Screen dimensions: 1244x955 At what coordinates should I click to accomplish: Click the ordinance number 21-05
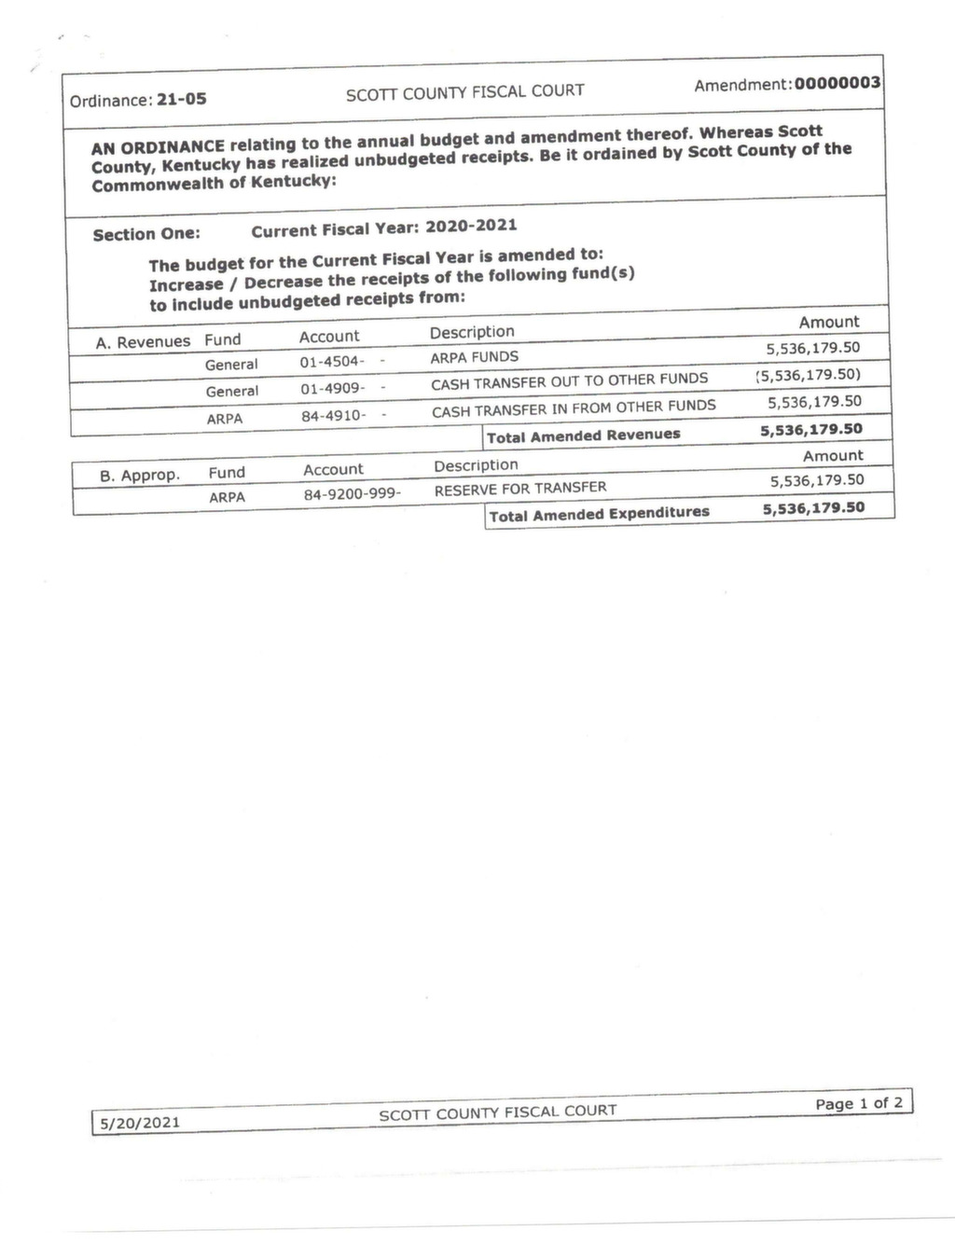[x=182, y=99]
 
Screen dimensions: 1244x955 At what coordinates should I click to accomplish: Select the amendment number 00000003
[x=837, y=83]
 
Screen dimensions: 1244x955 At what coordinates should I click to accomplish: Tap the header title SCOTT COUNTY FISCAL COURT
[x=464, y=91]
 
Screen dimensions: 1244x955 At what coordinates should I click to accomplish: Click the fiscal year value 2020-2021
[x=471, y=226]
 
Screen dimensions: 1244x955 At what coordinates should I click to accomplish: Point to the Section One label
[x=146, y=234]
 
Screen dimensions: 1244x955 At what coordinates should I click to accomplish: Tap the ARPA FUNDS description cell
[x=474, y=356]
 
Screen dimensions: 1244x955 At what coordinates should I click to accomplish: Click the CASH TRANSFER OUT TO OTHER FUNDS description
[x=569, y=380]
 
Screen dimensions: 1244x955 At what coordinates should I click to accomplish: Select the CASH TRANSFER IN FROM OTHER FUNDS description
[x=574, y=407]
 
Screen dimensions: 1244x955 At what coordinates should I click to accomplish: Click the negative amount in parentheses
[x=808, y=375]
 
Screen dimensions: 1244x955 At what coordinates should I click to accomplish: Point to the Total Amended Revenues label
[x=584, y=435]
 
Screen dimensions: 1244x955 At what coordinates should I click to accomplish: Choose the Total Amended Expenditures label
[x=599, y=513]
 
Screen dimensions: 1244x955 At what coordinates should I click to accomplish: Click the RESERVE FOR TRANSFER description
[x=520, y=488]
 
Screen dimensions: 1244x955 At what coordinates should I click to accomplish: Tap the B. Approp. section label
[x=139, y=476]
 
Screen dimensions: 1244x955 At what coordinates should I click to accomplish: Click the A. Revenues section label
[x=143, y=342]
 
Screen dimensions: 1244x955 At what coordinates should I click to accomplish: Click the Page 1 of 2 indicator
[x=859, y=1103]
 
